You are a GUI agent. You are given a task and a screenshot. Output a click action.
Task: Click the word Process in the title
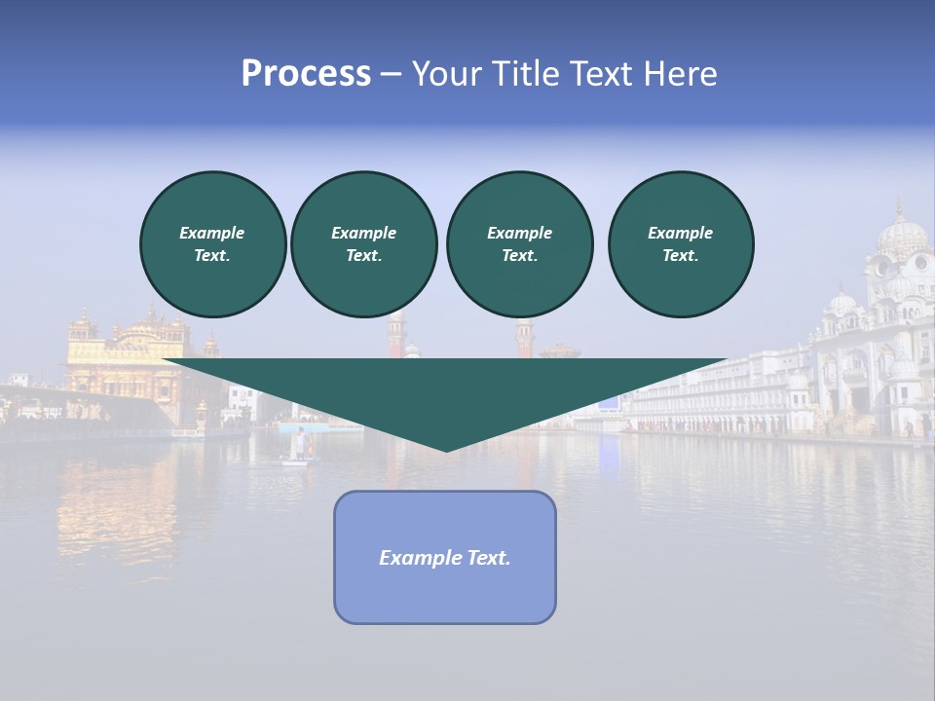coord(306,74)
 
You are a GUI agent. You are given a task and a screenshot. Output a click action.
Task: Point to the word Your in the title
coord(447,74)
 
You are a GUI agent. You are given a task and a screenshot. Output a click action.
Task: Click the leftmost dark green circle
coord(212,244)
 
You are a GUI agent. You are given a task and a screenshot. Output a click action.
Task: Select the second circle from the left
coord(363,244)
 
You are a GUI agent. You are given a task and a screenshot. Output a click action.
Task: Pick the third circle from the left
coord(519,244)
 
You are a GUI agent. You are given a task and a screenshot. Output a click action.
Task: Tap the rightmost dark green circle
coord(680,244)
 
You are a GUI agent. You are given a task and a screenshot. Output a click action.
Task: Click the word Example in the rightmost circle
coord(680,233)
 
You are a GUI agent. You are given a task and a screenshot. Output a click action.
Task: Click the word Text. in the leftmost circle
coord(212,256)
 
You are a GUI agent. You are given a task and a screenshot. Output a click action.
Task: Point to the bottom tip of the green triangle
coord(446,450)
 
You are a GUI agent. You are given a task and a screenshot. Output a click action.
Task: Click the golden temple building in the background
coord(125,355)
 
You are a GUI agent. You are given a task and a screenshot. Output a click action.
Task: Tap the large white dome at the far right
coord(901,237)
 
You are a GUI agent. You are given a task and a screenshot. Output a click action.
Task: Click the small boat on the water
coord(295,461)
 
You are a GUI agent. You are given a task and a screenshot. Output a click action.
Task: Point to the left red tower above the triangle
coord(396,336)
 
